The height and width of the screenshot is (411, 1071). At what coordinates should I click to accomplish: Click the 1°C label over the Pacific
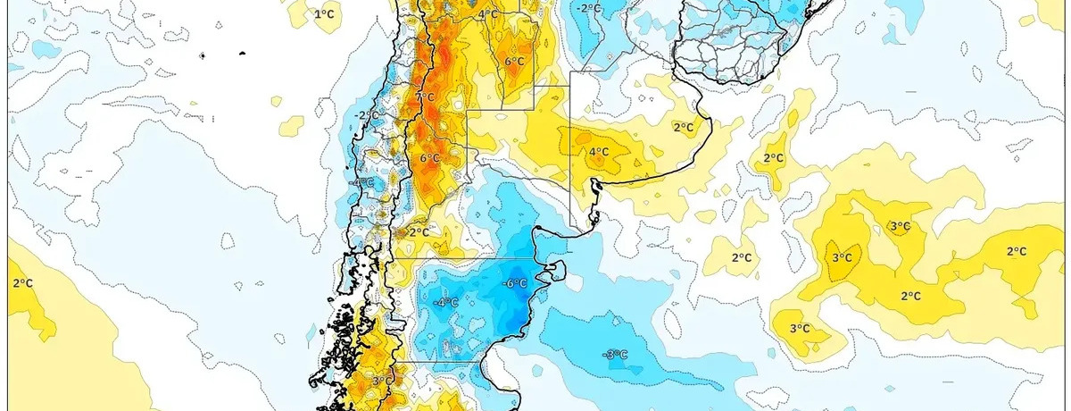(324, 14)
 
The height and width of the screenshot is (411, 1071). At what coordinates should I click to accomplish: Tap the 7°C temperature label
(425, 97)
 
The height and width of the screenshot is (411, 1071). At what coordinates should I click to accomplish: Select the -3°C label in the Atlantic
(615, 355)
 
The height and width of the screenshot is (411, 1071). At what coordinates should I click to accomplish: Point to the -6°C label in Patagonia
(513, 284)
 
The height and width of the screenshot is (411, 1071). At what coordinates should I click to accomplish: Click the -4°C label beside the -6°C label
(445, 303)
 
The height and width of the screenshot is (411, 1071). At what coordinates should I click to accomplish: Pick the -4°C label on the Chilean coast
(363, 182)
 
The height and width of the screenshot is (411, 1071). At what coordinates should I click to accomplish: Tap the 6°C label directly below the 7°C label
(429, 158)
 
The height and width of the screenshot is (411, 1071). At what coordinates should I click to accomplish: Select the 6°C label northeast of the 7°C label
(514, 62)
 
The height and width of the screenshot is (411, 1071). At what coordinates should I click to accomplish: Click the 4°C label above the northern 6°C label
(488, 14)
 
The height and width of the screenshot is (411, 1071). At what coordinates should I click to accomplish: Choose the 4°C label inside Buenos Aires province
(597, 152)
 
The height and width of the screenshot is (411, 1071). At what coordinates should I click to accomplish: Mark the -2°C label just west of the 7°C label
(363, 115)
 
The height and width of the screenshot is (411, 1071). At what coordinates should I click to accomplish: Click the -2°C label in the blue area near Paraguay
(589, 8)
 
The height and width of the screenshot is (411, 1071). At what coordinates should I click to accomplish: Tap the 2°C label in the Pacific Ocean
(22, 284)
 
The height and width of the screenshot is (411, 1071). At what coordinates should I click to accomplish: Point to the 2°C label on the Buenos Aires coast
(683, 128)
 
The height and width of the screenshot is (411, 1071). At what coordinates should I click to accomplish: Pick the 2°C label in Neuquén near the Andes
(419, 232)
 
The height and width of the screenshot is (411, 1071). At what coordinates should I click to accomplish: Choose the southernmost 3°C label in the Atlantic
(800, 329)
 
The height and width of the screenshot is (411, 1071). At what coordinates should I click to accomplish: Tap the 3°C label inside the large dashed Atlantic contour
(842, 258)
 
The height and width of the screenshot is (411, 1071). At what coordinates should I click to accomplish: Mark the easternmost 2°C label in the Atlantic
(1016, 251)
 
